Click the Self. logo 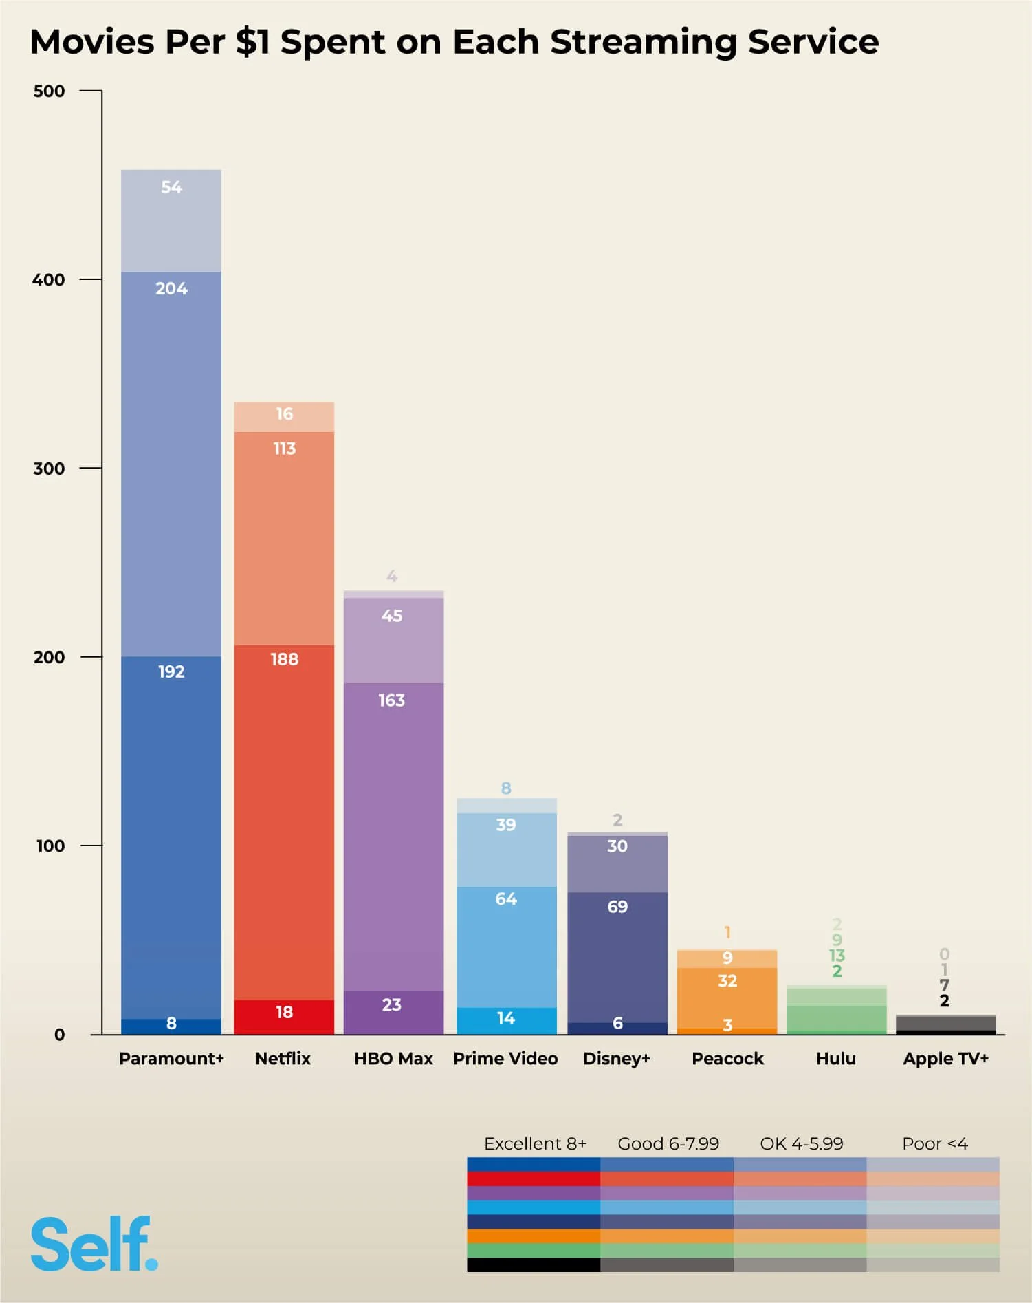coord(94,1245)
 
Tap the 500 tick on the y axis coord(49,91)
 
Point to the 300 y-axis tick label coord(49,469)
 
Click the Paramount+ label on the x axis coord(171,1058)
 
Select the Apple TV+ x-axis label coord(945,1058)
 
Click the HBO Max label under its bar coord(393,1058)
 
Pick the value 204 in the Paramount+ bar coord(171,289)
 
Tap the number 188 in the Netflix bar coord(284,660)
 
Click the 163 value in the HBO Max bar coord(391,700)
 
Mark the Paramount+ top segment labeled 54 coord(171,206)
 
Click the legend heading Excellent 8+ coord(535,1143)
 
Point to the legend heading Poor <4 coord(934,1143)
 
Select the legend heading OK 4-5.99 coord(801,1143)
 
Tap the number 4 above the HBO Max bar coord(392,577)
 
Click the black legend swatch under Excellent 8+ coord(534,1264)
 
